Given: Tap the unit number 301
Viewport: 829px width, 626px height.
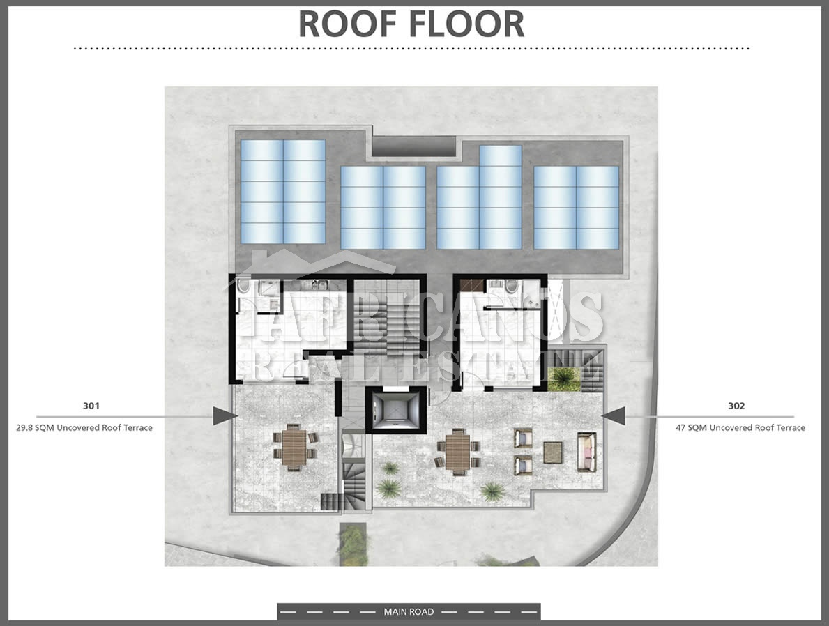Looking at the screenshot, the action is coord(91,406).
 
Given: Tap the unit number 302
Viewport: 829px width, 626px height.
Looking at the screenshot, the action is coord(736,406).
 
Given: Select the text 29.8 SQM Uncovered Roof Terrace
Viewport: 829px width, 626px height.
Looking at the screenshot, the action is coord(84,428).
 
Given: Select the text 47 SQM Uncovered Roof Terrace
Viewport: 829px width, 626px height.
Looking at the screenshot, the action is coord(740,428).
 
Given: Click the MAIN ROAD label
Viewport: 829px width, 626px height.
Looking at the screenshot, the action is coord(409,612).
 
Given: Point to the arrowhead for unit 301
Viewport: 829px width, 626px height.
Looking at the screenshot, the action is coord(225,416).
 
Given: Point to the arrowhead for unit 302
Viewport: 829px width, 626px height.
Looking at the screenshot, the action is coord(614,416).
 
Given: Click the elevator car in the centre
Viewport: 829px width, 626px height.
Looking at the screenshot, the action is coord(396,410).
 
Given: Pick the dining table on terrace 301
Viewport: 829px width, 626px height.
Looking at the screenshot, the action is coord(294,448).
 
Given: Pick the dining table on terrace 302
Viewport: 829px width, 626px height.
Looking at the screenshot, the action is coord(457,450).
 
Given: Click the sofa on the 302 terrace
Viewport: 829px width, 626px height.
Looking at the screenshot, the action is coord(586,452).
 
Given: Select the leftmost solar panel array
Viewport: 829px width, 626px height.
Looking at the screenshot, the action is coord(283,192).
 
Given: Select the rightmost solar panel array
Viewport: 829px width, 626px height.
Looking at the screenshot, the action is coord(577,207).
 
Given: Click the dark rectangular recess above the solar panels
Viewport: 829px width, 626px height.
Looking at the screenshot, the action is coord(413,146).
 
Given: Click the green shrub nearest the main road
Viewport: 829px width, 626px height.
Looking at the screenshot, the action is coord(353,544).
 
